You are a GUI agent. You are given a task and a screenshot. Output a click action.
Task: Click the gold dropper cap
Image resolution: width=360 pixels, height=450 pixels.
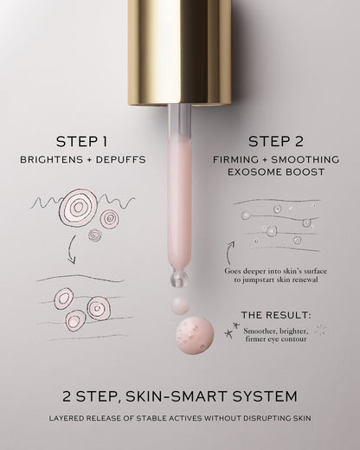[x=179, y=53]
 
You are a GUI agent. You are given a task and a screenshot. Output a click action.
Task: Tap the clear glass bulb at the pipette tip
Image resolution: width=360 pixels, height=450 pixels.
[x=179, y=278]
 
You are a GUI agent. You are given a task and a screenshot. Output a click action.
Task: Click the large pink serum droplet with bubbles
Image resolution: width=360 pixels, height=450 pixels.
[x=195, y=336]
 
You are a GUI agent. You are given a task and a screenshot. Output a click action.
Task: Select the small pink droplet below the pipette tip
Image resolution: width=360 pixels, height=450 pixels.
[x=180, y=305]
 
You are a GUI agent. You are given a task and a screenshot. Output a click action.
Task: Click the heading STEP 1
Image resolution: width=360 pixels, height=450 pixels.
[x=82, y=142]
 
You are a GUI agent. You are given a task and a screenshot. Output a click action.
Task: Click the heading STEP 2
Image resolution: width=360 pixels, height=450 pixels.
[x=276, y=142]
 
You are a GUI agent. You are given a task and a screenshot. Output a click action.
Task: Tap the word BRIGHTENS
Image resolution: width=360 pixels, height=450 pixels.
[x=51, y=159]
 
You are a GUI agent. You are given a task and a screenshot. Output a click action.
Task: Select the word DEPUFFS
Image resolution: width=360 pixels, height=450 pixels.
[x=121, y=159]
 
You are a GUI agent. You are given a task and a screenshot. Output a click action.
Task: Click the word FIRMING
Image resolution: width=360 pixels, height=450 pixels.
[x=236, y=159]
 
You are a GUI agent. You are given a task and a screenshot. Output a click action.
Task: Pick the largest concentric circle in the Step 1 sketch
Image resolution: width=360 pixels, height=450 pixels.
[x=77, y=207]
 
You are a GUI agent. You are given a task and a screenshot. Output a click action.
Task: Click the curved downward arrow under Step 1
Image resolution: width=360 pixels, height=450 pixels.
[x=70, y=250]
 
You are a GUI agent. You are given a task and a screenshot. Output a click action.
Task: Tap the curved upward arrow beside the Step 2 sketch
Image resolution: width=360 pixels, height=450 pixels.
[x=228, y=253]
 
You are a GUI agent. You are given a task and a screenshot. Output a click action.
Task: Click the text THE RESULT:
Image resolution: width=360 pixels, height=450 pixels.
[x=276, y=315]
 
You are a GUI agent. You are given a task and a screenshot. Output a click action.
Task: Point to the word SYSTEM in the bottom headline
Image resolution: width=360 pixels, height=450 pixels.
[x=265, y=396]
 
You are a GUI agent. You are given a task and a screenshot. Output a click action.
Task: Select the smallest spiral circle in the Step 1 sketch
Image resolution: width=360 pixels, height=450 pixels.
[x=94, y=235]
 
